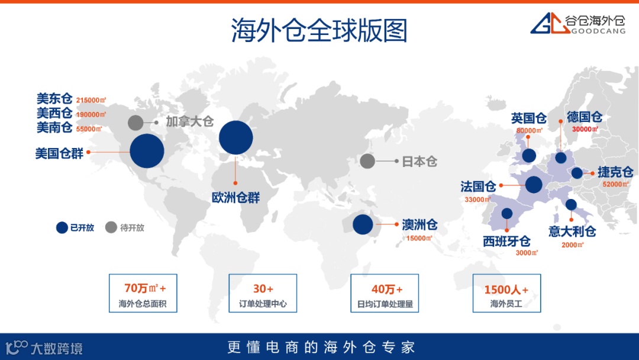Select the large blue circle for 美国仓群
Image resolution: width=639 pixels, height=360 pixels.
(x=147, y=151)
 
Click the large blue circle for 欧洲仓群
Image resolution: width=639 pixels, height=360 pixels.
(x=236, y=137)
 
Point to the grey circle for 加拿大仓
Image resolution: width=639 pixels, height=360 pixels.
(x=135, y=123)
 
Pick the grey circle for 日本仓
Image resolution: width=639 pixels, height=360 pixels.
(x=367, y=161)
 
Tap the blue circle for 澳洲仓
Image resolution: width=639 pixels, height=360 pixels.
(x=363, y=224)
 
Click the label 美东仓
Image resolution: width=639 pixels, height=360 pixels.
(x=54, y=98)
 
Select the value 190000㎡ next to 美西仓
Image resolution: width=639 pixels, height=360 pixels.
(x=91, y=114)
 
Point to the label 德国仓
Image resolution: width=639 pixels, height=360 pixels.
(x=585, y=117)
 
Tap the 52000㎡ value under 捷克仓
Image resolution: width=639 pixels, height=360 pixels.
(x=615, y=184)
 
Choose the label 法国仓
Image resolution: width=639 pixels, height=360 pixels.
(x=478, y=187)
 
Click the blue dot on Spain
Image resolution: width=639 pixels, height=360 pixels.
(x=507, y=213)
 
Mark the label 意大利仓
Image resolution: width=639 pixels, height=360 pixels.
(x=572, y=231)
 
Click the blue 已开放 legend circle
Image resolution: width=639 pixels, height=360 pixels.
(x=62, y=227)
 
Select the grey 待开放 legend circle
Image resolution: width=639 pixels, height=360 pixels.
(x=111, y=227)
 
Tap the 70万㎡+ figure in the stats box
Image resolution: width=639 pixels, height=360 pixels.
(x=145, y=289)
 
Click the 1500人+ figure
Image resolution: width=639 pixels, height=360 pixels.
(x=506, y=290)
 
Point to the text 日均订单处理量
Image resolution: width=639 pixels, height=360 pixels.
(x=385, y=305)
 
